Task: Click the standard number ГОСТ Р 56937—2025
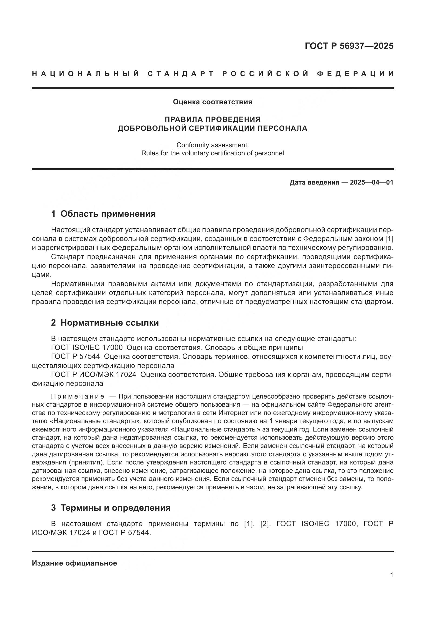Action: click(x=349, y=46)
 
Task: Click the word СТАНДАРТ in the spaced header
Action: click(x=181, y=74)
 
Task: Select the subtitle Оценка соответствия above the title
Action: click(x=212, y=102)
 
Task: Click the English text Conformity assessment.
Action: click(x=212, y=145)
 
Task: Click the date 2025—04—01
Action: click(x=372, y=182)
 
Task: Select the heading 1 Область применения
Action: click(x=104, y=214)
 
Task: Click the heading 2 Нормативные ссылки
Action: click(x=105, y=323)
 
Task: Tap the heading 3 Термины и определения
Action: click(x=111, y=508)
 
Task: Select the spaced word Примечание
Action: click(x=78, y=396)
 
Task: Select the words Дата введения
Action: click(x=314, y=182)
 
